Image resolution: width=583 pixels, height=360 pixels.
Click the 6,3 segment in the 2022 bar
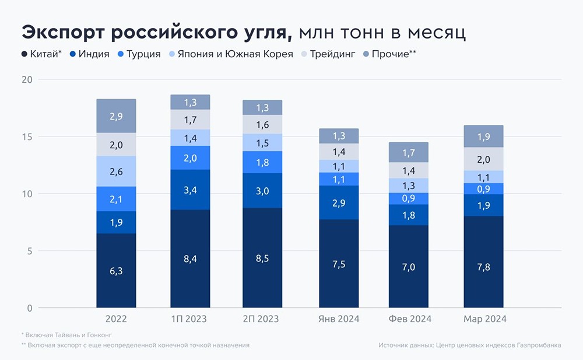(116, 271)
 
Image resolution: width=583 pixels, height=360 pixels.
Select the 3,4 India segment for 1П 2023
(190, 190)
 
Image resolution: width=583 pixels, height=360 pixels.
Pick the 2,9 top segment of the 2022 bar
(116, 116)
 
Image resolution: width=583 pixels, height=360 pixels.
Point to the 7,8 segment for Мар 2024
(483, 262)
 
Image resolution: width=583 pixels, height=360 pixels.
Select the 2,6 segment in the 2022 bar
(116, 172)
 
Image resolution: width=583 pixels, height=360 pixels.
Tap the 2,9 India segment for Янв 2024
(338, 202)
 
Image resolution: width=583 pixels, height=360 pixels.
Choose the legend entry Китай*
(41, 54)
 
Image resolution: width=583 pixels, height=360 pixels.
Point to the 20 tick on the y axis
(27, 79)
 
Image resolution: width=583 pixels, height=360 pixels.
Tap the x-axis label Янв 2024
(338, 319)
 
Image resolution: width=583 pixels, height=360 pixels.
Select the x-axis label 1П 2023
(190, 319)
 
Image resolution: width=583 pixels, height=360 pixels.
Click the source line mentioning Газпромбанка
(469, 345)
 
